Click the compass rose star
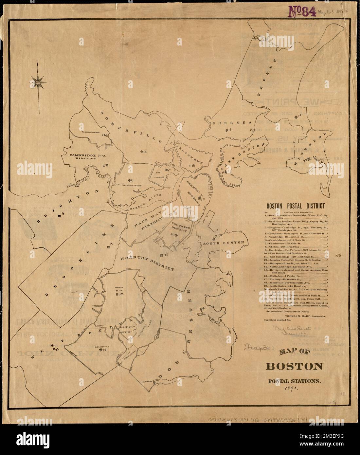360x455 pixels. tap(38, 82)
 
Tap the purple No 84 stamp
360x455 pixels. tap(302, 12)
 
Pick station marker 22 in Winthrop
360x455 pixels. tap(306, 160)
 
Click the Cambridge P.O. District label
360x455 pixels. tap(83, 156)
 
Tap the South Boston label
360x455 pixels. tap(228, 243)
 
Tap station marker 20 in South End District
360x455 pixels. tap(176, 234)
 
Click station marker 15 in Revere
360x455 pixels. tap(297, 116)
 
